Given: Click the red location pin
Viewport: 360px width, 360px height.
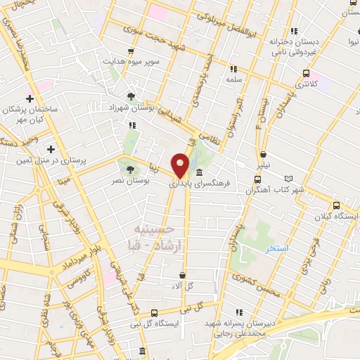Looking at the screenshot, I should [181, 165].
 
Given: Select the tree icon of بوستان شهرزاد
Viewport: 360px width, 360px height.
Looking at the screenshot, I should [131, 97].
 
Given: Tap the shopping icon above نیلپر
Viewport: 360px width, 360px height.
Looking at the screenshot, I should [263, 155].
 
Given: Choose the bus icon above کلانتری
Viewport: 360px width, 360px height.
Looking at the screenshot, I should [306, 73].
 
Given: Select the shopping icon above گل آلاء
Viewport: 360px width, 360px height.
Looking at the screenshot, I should [183, 275].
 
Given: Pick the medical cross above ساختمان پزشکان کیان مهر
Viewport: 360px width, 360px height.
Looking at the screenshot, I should [30, 98].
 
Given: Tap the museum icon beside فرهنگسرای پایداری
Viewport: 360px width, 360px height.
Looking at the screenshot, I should [200, 173].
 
